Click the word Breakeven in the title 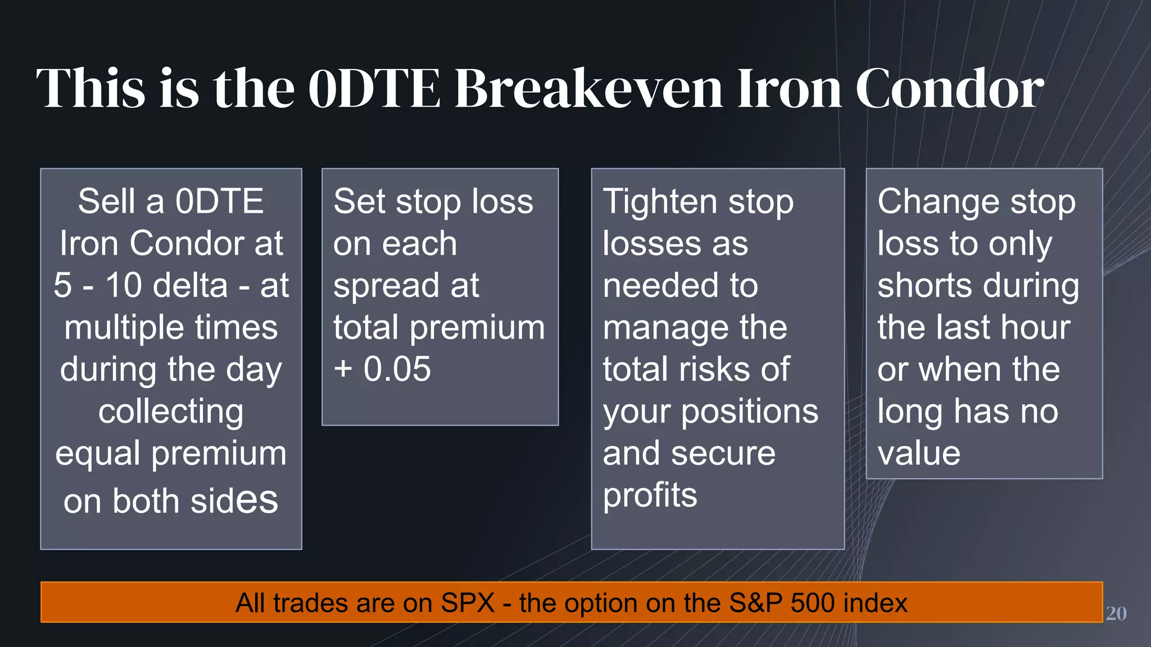click(588, 88)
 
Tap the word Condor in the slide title click(949, 88)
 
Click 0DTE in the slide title click(374, 88)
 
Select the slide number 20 click(1116, 613)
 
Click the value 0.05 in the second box click(397, 369)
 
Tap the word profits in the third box click(650, 495)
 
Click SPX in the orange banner click(468, 603)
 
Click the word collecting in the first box click(171, 412)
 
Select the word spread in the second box click(386, 286)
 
